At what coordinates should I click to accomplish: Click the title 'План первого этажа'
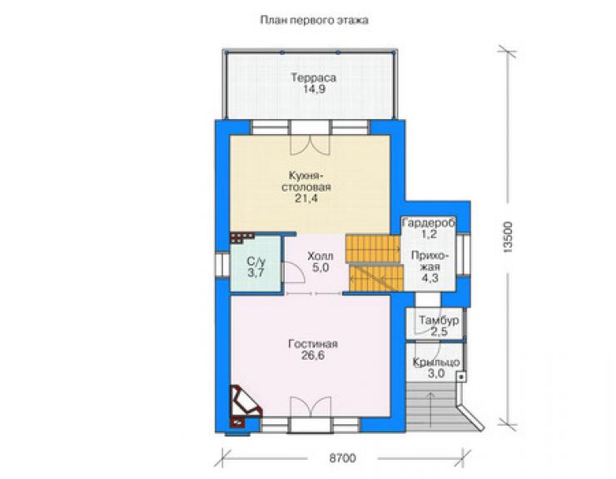(314, 20)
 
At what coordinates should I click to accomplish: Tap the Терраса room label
(314, 77)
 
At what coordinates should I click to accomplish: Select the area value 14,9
(314, 89)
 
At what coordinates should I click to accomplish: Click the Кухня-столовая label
(306, 181)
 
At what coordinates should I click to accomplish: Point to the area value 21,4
(306, 198)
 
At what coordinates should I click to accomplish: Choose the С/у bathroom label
(256, 261)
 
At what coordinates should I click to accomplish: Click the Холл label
(320, 257)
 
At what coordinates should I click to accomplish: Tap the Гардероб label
(429, 223)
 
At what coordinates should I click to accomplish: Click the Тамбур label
(439, 320)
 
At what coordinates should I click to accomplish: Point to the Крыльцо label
(436, 362)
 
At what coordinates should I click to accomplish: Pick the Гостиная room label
(313, 344)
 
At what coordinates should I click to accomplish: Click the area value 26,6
(313, 356)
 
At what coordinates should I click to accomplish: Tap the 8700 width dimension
(342, 458)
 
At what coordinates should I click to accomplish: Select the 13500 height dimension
(508, 237)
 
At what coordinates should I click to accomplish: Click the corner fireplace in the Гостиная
(245, 405)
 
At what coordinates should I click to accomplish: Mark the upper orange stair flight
(373, 248)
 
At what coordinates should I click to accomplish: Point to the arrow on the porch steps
(431, 409)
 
